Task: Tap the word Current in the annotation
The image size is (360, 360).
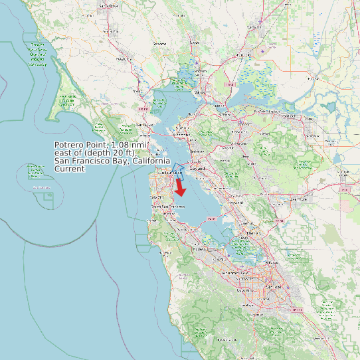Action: click(69, 169)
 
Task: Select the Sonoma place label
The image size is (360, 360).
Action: click(159, 44)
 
